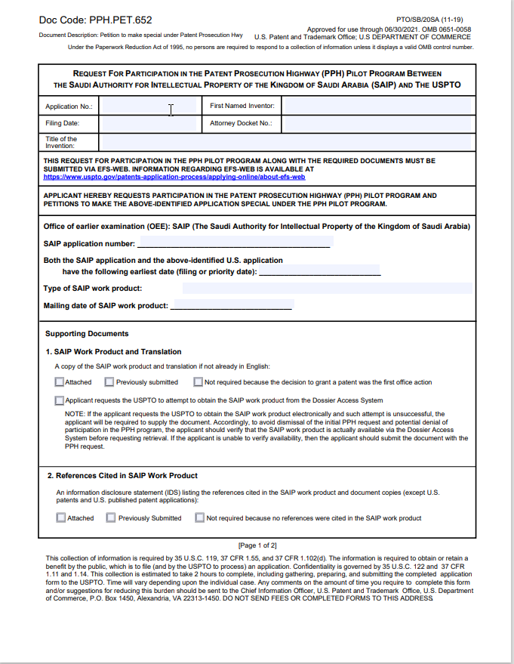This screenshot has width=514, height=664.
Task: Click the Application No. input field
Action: (149, 107)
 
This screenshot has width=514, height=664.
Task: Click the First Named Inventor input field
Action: (376, 107)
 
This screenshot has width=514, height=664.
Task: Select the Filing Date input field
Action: (149, 123)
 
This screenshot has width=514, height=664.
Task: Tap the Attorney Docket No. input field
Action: (376, 123)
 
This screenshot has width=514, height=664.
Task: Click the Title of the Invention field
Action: (285, 142)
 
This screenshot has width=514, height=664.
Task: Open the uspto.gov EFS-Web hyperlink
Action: (174, 177)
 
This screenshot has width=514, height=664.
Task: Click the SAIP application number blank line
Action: (234, 243)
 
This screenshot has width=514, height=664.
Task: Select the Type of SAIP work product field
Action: (327, 289)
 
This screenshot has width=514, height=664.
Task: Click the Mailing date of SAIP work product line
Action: (232, 305)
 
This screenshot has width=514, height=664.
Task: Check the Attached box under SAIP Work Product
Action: (60, 382)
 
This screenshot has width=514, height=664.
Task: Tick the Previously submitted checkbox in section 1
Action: (109, 382)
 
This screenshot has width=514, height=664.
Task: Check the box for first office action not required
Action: (199, 382)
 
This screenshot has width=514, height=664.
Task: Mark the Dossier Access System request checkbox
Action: (60, 400)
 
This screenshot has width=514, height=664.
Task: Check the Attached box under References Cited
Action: (61, 518)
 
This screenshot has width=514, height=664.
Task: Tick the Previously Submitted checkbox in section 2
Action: (111, 518)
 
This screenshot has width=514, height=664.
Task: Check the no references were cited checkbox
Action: (200, 518)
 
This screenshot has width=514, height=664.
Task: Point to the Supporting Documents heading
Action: (87, 334)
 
